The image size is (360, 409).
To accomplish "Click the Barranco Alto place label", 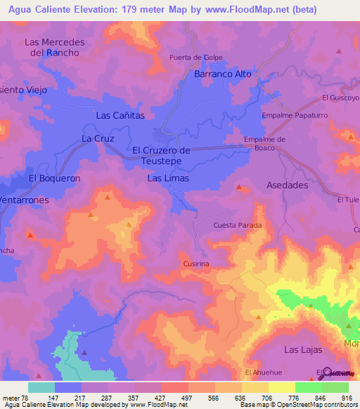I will point(222,74).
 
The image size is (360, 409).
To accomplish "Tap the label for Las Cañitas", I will point(120,115).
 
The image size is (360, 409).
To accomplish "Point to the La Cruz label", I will point(97,138).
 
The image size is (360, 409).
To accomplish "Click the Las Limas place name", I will point(167,178).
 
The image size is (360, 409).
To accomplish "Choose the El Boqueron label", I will point(54,178).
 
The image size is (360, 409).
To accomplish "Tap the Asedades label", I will point(288,186).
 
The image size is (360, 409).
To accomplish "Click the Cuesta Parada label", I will point(238,226).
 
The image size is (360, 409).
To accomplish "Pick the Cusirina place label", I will point(196,264).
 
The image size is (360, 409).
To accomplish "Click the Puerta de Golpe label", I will point(195,57).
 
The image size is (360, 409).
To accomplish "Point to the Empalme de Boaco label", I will point(264,143).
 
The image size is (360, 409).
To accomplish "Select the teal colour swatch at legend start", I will point(41,387).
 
